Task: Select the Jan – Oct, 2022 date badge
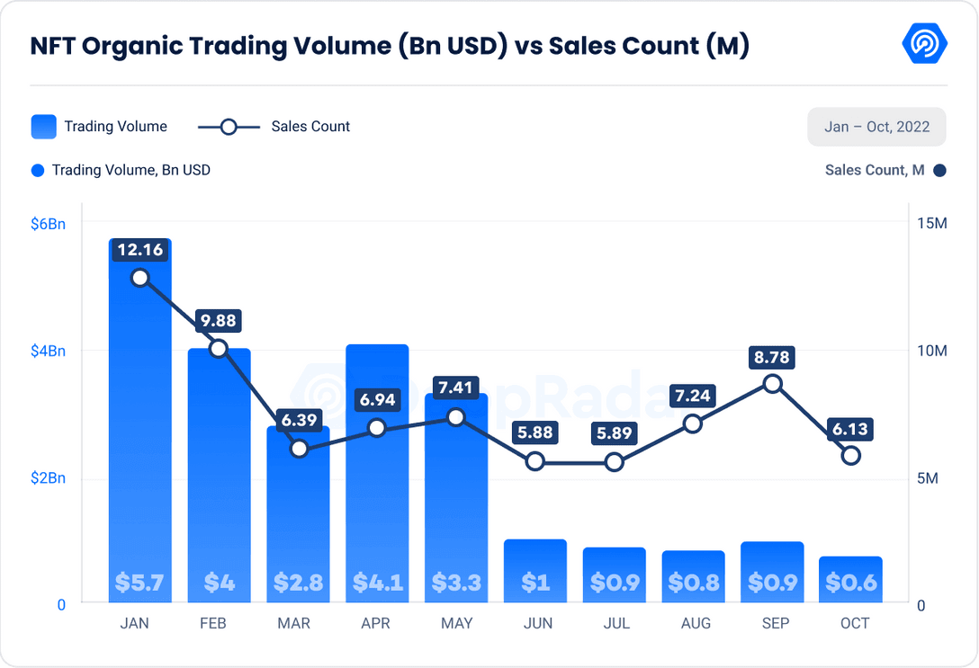tap(877, 127)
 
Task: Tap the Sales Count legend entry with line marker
tap(274, 127)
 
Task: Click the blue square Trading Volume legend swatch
tap(43, 127)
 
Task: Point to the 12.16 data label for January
tap(139, 250)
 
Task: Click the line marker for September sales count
tap(772, 384)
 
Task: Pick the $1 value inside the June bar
tap(535, 583)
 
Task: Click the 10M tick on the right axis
tap(931, 351)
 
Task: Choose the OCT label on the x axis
tap(855, 623)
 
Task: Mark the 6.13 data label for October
tap(850, 429)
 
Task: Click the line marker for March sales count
tap(299, 448)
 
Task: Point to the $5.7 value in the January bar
tap(139, 583)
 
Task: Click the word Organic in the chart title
tap(148, 47)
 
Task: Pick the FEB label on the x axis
tap(212, 623)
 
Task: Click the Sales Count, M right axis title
tap(874, 170)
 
